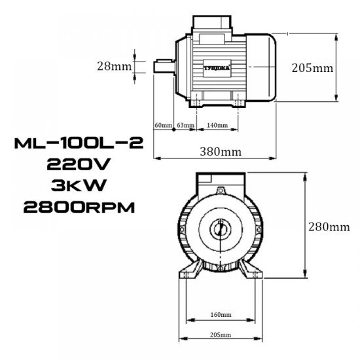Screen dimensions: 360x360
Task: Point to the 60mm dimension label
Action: click(162, 124)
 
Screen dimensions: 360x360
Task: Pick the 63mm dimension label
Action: click(185, 124)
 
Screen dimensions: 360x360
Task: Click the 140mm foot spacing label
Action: click(217, 124)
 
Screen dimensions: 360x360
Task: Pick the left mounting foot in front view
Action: click(189, 270)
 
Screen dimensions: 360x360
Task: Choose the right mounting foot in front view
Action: click(251, 270)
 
